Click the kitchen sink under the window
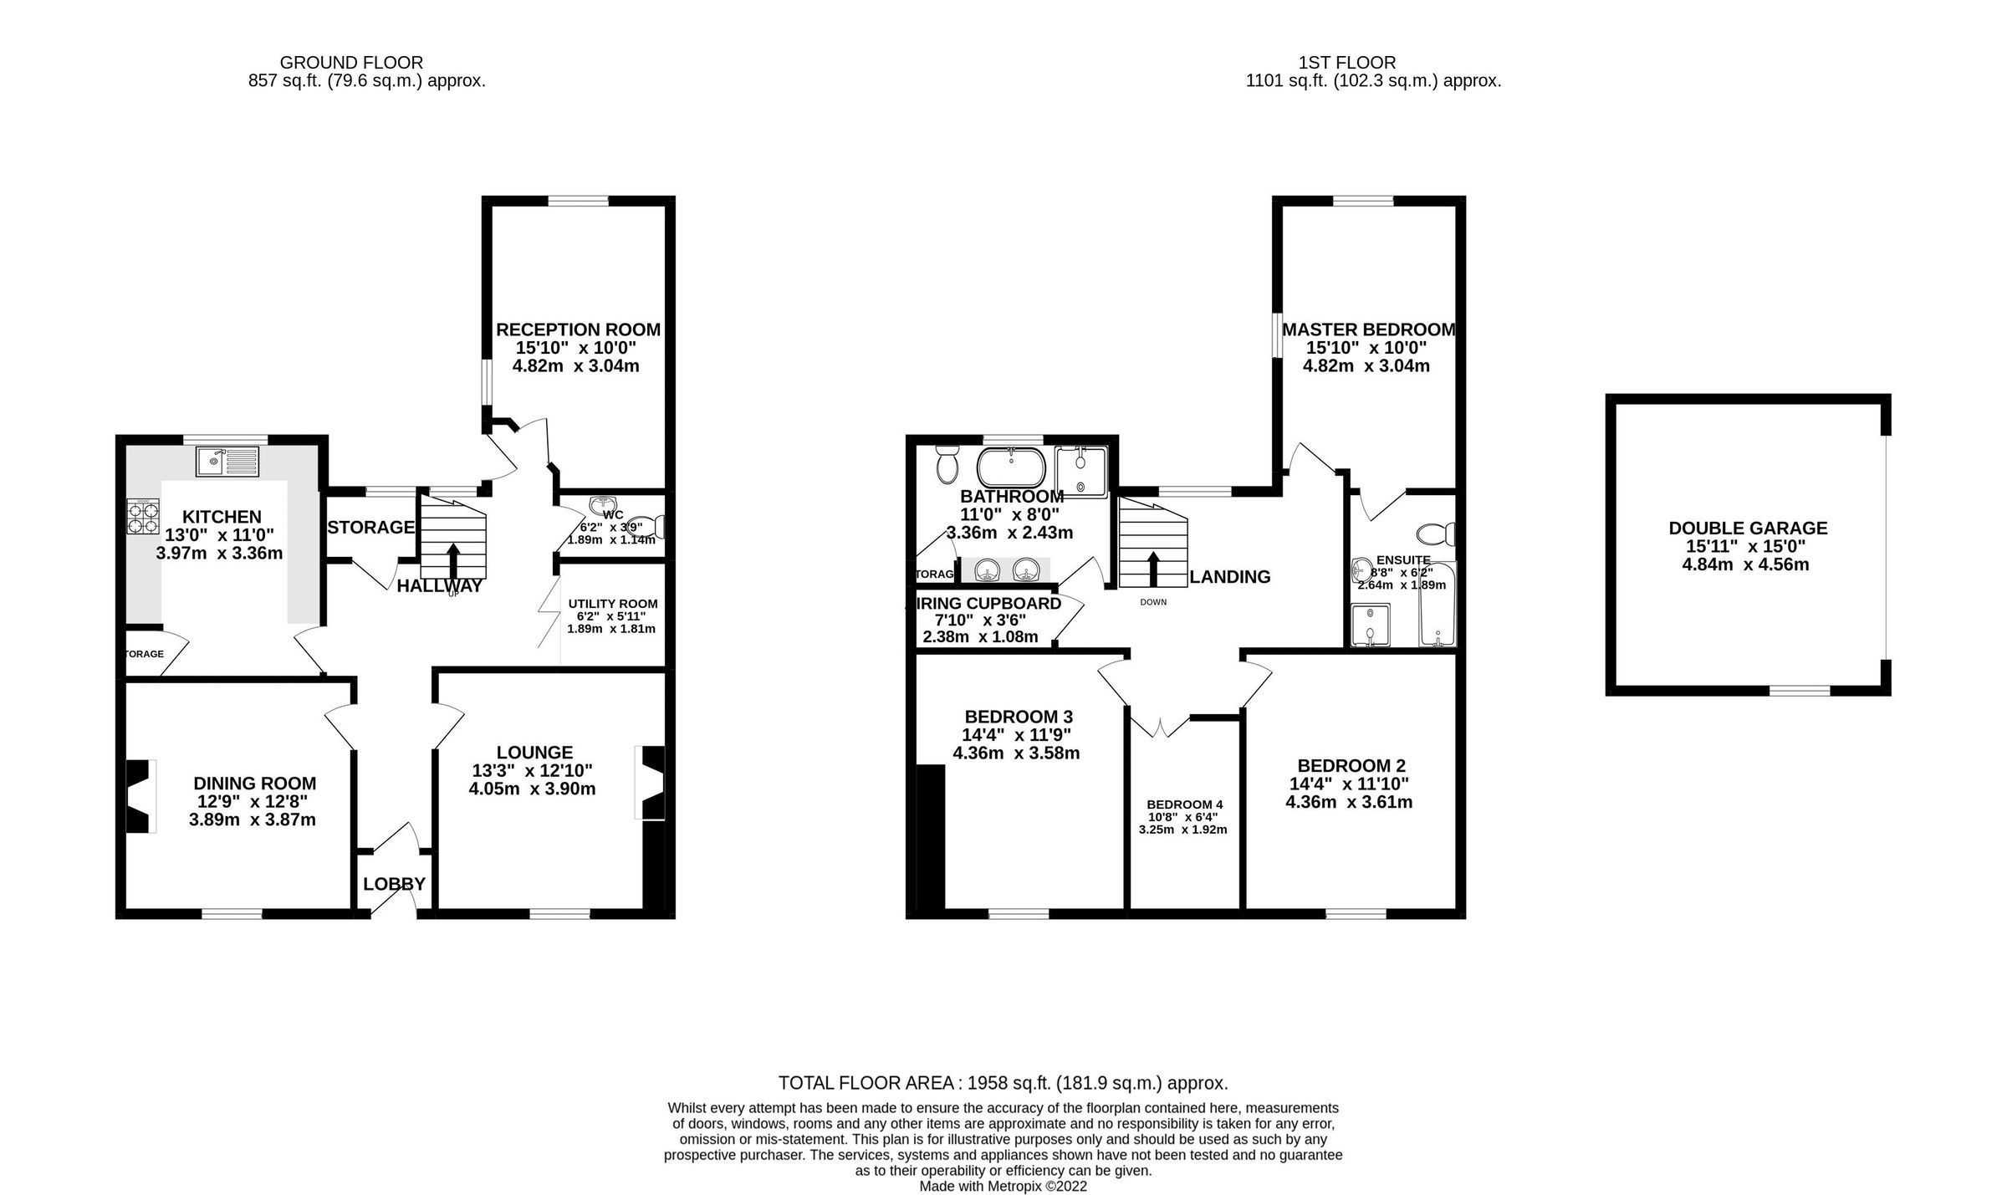click(x=229, y=461)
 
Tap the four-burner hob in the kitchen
click(x=143, y=516)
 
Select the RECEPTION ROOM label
click(x=578, y=329)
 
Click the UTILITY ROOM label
click(x=612, y=604)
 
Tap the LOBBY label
click(x=394, y=884)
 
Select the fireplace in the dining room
click(x=140, y=795)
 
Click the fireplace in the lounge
click(x=651, y=783)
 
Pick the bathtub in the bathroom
click(x=1011, y=467)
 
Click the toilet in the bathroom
click(x=947, y=464)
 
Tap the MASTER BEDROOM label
click(x=1368, y=329)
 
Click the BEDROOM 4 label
click(x=1183, y=804)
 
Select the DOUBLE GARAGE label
click(x=1748, y=529)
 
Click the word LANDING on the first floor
click(x=1229, y=576)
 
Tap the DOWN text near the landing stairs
click(x=1152, y=602)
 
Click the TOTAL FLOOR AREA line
click(x=1003, y=1083)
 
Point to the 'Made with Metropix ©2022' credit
click(x=1003, y=1186)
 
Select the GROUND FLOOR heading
click(x=351, y=63)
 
